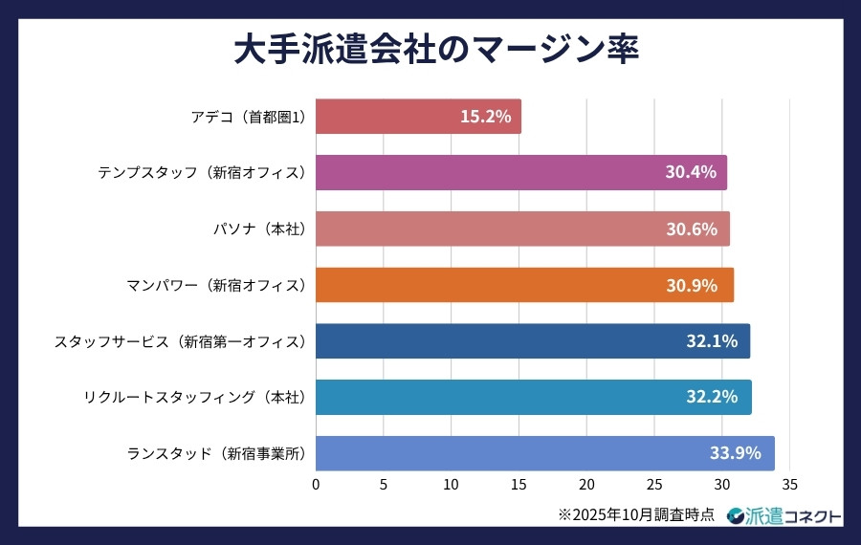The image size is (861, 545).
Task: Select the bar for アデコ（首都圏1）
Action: pos(418,117)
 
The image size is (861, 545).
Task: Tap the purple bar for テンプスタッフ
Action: pos(520,172)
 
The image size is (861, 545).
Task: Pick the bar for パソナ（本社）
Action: pos(522,229)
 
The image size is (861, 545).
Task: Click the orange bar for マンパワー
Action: pos(524,285)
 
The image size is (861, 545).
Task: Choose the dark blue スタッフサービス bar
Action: pos(532,341)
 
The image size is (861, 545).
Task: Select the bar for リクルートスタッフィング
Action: pos(533,397)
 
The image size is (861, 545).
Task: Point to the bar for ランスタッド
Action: pos(544,453)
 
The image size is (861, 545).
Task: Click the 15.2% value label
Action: pos(485,117)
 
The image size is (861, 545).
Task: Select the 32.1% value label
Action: pos(712,341)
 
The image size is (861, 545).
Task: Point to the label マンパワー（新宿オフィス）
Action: pos(215,285)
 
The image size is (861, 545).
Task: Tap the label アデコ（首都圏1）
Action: pos(247,117)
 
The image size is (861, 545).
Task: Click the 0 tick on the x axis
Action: pos(316,484)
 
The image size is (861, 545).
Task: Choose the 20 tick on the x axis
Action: pos(586,484)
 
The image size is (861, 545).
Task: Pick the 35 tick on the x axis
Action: pos(789,484)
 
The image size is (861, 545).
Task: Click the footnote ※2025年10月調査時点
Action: pos(636,514)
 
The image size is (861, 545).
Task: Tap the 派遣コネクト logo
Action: pos(784,515)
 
